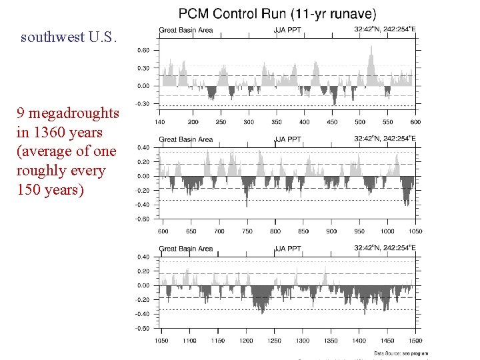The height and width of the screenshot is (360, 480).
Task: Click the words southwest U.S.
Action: coord(69,37)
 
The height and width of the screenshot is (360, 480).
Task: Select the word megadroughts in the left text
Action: coord(73,113)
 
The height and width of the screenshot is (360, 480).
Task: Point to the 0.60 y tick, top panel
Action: coord(143,50)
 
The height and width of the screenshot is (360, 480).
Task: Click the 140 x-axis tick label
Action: coord(160,122)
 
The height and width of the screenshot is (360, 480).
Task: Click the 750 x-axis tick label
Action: coord(247,231)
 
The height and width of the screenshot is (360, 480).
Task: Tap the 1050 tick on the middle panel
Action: coord(415,231)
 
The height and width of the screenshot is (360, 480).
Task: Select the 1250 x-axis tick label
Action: coord(275,341)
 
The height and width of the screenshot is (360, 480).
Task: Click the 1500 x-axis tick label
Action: coord(415,341)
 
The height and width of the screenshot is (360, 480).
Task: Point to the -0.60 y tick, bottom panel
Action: coord(142,328)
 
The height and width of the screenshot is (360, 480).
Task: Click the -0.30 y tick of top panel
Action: coord(142,104)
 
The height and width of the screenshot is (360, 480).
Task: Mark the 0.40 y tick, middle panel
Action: coord(143,147)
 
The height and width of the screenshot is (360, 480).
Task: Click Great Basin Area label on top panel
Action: coord(186,30)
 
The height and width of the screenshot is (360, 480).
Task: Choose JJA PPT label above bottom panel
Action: coord(287,249)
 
